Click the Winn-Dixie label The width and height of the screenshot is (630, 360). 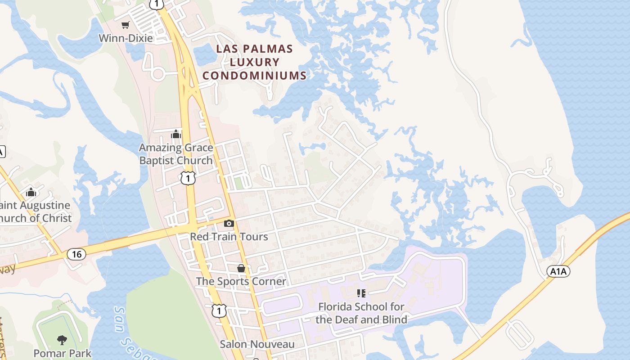click(126, 38)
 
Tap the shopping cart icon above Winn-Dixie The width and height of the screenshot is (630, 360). click(126, 25)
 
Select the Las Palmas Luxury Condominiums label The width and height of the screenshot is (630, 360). click(255, 62)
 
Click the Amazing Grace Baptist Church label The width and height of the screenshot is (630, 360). click(176, 154)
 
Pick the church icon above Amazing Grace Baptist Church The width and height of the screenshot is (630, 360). click(176, 134)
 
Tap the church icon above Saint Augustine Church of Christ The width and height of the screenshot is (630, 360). click(31, 192)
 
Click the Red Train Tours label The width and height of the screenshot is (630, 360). click(229, 237)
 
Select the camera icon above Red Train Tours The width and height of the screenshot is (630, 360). click(229, 223)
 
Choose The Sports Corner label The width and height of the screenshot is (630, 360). click(241, 281)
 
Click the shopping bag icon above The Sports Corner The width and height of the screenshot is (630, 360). click(241, 268)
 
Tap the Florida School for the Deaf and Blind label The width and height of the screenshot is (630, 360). click(361, 313)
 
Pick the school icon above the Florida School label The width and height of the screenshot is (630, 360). click(361, 293)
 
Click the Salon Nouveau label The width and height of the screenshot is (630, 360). click(257, 344)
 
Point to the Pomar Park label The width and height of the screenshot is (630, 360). click(63, 353)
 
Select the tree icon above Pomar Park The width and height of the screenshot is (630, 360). click(62, 340)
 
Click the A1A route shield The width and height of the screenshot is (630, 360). click(559, 271)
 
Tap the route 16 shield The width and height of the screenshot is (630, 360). click(76, 254)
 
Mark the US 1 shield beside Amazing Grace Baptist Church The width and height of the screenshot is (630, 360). click(188, 178)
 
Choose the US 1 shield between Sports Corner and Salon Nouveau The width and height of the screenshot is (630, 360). click(219, 311)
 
